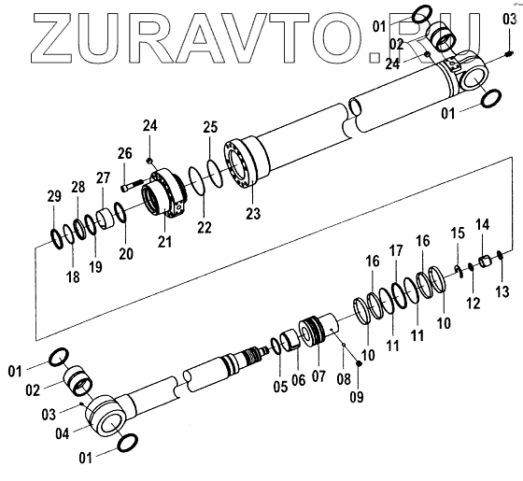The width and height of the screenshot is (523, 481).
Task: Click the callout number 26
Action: coord(125,153)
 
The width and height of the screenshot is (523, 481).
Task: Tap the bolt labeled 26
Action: coord(132,186)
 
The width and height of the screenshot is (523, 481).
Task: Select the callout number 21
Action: coord(164,242)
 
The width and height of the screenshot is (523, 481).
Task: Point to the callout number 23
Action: coord(253,213)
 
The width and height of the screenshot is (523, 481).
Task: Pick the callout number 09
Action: coord(357,397)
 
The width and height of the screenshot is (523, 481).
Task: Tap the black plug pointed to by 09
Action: coord(359,363)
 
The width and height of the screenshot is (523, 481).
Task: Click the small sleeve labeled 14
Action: coord(485,261)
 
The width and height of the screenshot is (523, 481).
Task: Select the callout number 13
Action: coord(502,291)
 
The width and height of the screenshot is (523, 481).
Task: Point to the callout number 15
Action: coord(458,233)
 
